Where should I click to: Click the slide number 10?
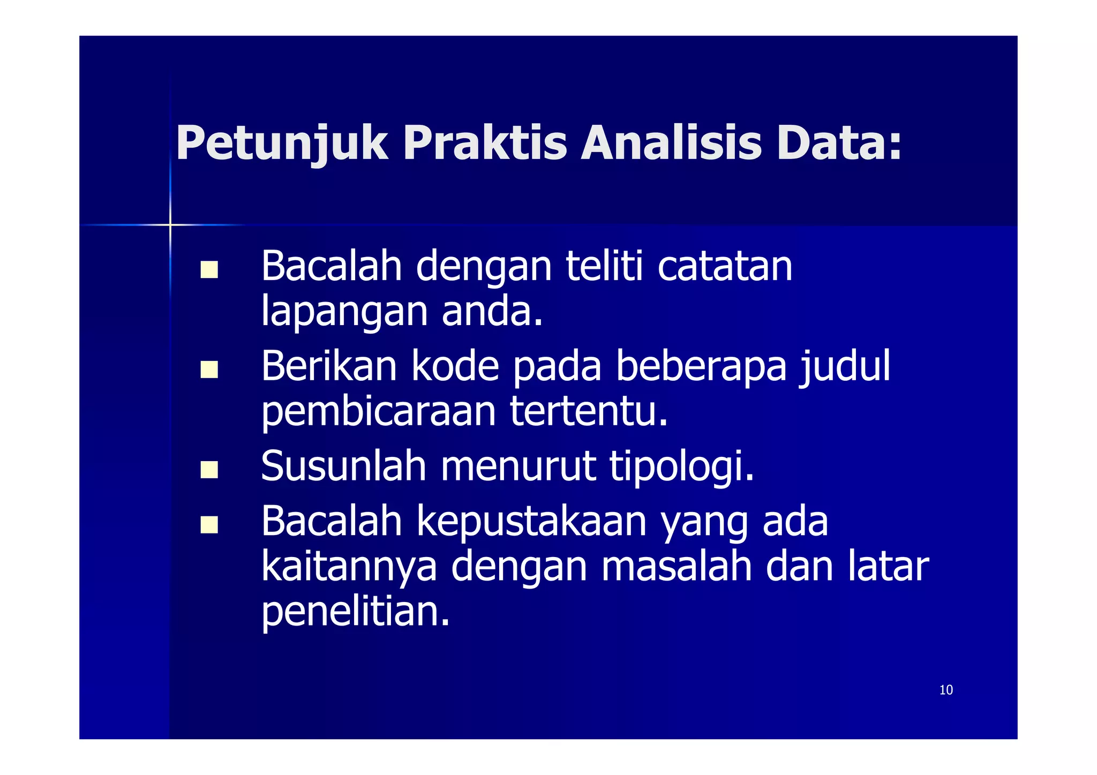(x=946, y=690)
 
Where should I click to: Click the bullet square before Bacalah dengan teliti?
(x=209, y=269)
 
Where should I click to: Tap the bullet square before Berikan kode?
(x=209, y=370)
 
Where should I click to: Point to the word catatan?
(x=724, y=267)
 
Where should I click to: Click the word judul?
(x=845, y=367)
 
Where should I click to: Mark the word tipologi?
(x=681, y=467)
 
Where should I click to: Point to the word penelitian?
(x=355, y=612)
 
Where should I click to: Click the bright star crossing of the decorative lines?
(x=170, y=225)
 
